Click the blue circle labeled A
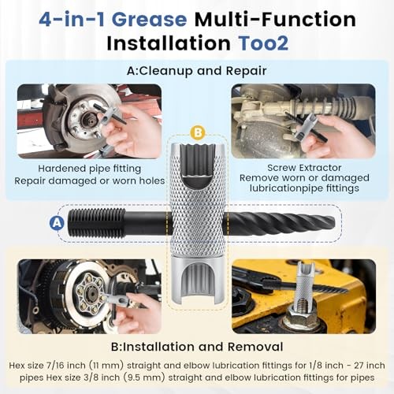[56, 223]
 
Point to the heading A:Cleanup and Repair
[196, 70]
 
